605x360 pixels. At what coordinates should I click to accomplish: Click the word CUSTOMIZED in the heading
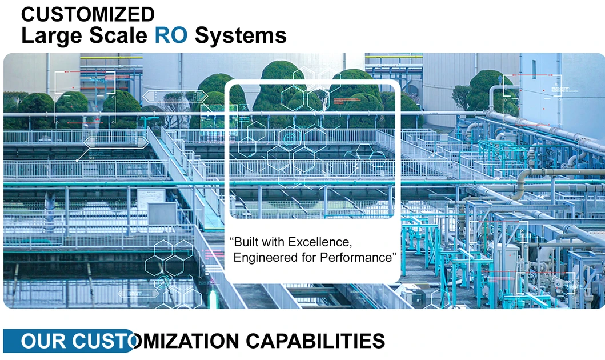(87, 13)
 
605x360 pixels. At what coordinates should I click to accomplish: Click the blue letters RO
(171, 35)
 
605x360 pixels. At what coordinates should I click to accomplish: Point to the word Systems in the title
(240, 35)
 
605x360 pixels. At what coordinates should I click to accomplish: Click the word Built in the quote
(245, 241)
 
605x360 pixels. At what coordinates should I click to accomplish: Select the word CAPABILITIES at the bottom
(315, 341)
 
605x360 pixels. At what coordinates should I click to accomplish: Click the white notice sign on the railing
(151, 195)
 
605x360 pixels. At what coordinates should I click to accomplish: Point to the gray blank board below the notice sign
(162, 213)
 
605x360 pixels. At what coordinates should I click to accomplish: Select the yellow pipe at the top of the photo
(103, 58)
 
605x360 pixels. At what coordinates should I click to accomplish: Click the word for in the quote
(309, 257)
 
